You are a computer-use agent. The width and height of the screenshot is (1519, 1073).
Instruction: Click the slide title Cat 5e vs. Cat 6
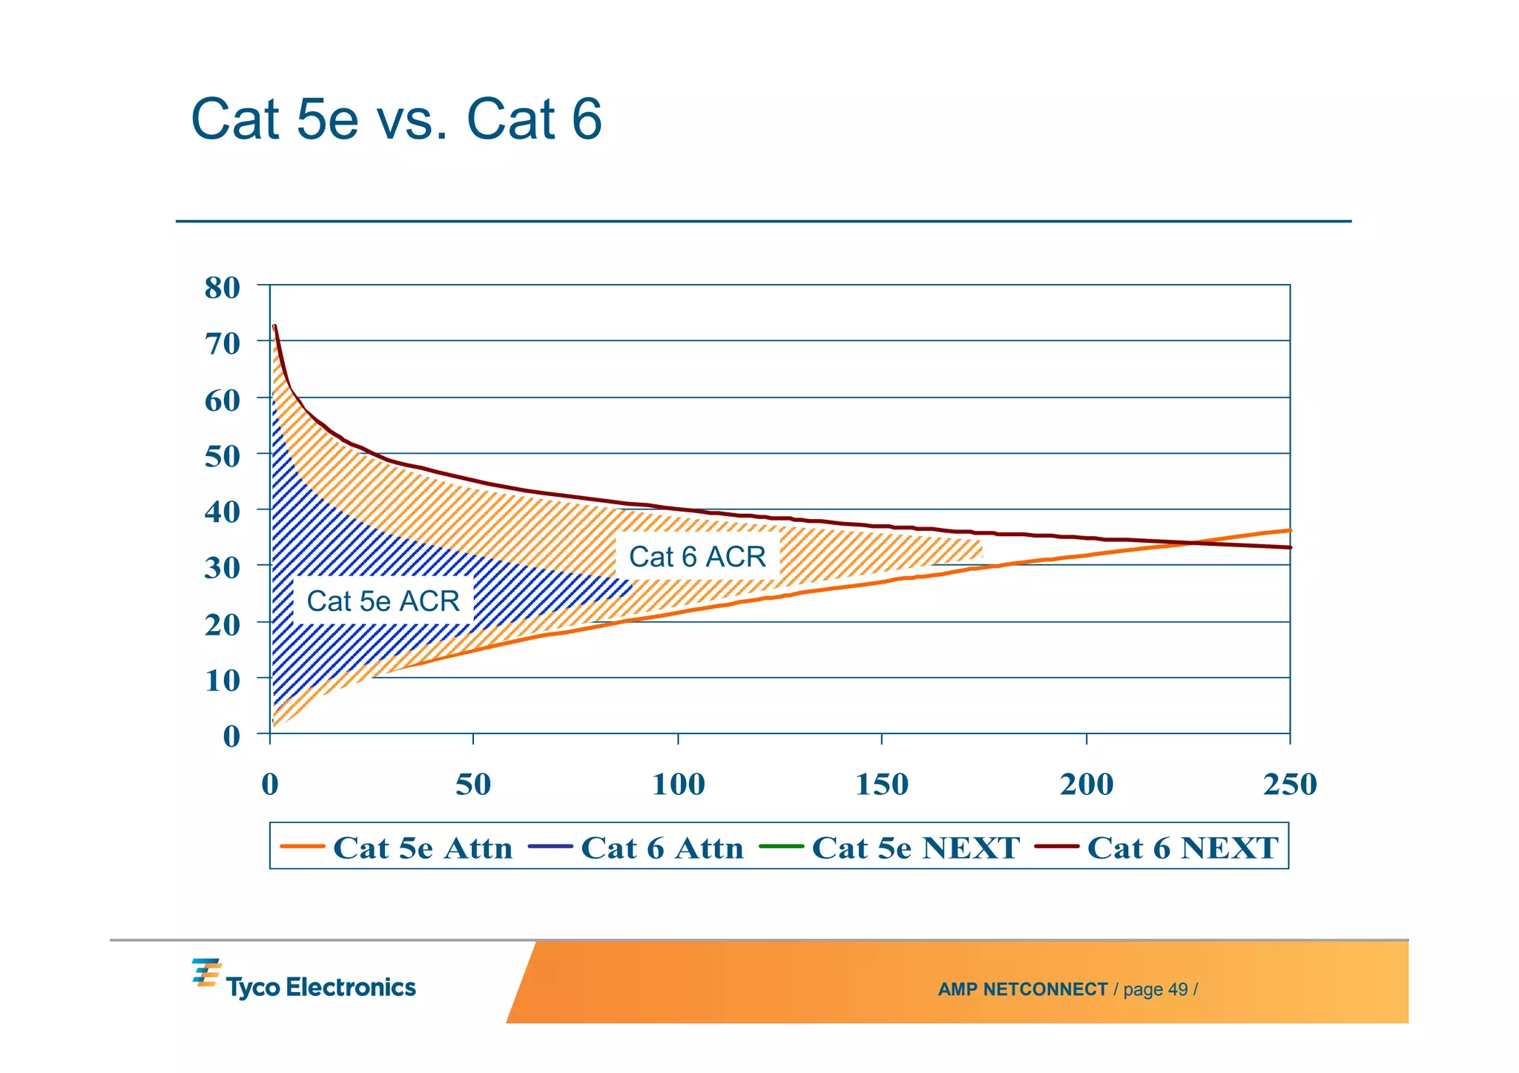[396, 119]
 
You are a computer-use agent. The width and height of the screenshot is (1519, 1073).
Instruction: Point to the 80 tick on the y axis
[222, 288]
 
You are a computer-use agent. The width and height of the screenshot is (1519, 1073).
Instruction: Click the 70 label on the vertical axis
[222, 344]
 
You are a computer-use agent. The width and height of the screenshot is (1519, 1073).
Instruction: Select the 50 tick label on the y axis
[222, 456]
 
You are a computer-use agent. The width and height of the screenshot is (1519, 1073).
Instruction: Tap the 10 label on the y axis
[222, 681]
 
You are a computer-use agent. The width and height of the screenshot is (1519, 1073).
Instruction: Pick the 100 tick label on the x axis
[678, 785]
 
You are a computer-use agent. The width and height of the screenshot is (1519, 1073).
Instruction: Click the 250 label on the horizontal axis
[1290, 785]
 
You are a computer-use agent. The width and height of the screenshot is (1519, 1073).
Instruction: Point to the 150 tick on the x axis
[882, 785]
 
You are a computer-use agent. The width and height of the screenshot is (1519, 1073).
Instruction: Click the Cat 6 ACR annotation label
[697, 556]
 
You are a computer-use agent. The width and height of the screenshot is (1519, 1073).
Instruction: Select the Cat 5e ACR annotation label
[383, 601]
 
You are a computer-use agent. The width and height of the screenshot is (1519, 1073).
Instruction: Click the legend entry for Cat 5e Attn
[397, 847]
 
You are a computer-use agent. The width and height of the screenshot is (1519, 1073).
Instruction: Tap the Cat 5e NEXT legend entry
[890, 847]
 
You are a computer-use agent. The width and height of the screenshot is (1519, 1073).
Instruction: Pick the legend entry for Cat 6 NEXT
[1157, 847]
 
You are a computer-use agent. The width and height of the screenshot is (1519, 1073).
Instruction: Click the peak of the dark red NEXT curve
[274, 326]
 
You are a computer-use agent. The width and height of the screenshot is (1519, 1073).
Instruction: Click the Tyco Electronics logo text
[320, 987]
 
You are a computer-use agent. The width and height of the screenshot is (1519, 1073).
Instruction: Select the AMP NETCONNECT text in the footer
[1022, 989]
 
